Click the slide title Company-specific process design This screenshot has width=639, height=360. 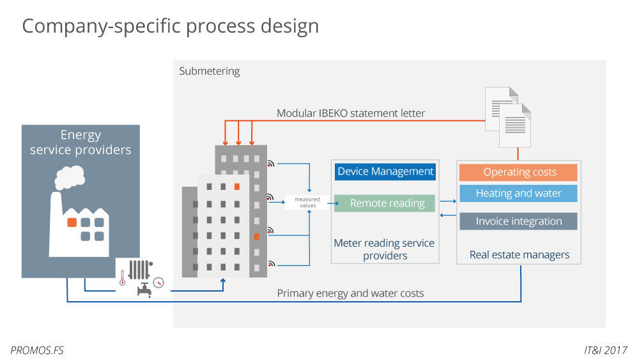point(170,26)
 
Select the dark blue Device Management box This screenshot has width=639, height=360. point(385,171)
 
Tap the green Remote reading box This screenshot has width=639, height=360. point(385,203)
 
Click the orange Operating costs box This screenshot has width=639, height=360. point(519,172)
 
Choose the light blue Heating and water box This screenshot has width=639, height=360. point(519,193)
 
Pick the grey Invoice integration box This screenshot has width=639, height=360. point(519,221)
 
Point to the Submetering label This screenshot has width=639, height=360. point(210,71)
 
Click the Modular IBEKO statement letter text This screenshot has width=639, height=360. point(351,113)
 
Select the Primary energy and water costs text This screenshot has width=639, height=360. point(350,293)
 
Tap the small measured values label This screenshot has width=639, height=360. point(307,203)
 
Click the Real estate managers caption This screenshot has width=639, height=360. point(519,254)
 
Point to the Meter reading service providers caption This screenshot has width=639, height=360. point(384,249)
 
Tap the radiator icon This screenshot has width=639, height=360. point(139,269)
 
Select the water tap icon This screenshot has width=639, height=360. point(144,290)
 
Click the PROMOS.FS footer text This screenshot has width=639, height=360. point(37,350)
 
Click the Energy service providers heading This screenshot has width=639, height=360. point(81,143)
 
